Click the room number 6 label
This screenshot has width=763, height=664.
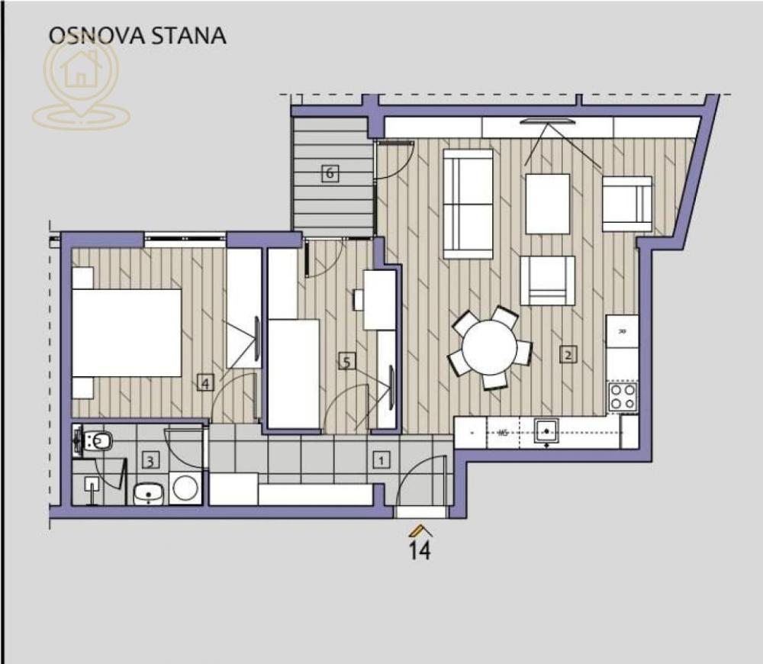tap(330, 173)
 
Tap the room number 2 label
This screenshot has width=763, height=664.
tap(568, 354)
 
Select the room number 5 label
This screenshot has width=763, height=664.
tap(346, 362)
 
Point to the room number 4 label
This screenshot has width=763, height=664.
tap(204, 383)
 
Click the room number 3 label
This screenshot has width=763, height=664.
tap(151, 460)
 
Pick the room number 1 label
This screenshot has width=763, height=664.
tap(380, 459)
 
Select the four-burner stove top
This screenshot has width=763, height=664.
tap(622, 396)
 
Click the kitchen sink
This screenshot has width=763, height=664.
tap(546, 432)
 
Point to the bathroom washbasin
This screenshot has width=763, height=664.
tap(149, 494)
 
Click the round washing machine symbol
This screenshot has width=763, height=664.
tap(185, 488)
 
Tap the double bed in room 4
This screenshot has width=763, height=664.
tap(126, 333)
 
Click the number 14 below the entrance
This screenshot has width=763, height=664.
tap(420, 550)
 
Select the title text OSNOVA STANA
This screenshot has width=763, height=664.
tap(137, 35)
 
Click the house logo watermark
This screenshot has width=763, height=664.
tap(81, 81)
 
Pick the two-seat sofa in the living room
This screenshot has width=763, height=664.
tap(468, 204)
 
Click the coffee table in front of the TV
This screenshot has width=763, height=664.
tap(547, 204)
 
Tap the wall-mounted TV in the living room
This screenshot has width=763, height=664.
tap(546, 121)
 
